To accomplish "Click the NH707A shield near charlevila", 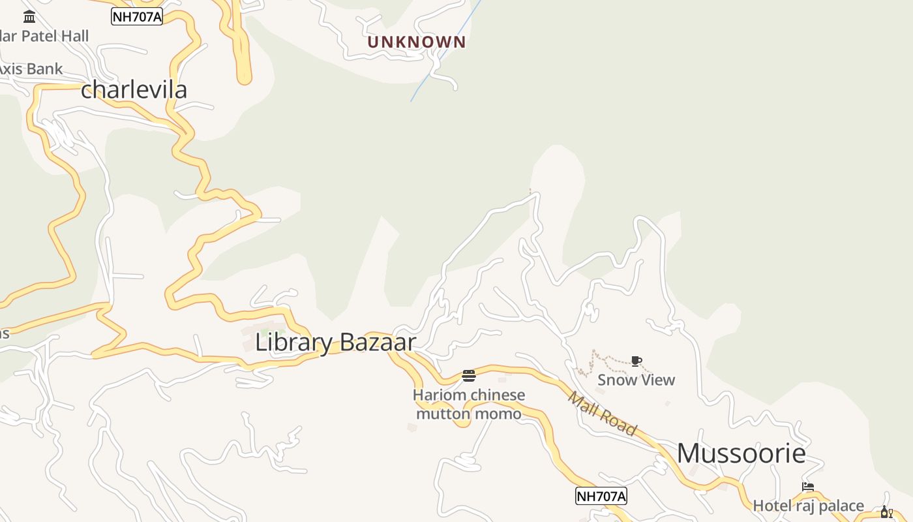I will (136, 17).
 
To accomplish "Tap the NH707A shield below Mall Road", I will (601, 496).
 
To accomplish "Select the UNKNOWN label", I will (417, 42).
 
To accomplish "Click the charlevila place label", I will (134, 89).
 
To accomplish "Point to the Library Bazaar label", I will (335, 342).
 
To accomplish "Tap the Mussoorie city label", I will (741, 453).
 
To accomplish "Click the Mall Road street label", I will (601, 413).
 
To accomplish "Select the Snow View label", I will (636, 380).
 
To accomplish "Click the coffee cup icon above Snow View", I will (636, 361).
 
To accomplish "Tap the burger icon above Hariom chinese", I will (468, 375).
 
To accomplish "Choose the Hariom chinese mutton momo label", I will (469, 405).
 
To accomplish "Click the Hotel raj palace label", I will (808, 506).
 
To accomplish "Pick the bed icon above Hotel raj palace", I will (808, 487).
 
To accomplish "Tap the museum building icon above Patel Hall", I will (29, 16).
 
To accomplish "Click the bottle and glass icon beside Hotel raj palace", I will (886, 512).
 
